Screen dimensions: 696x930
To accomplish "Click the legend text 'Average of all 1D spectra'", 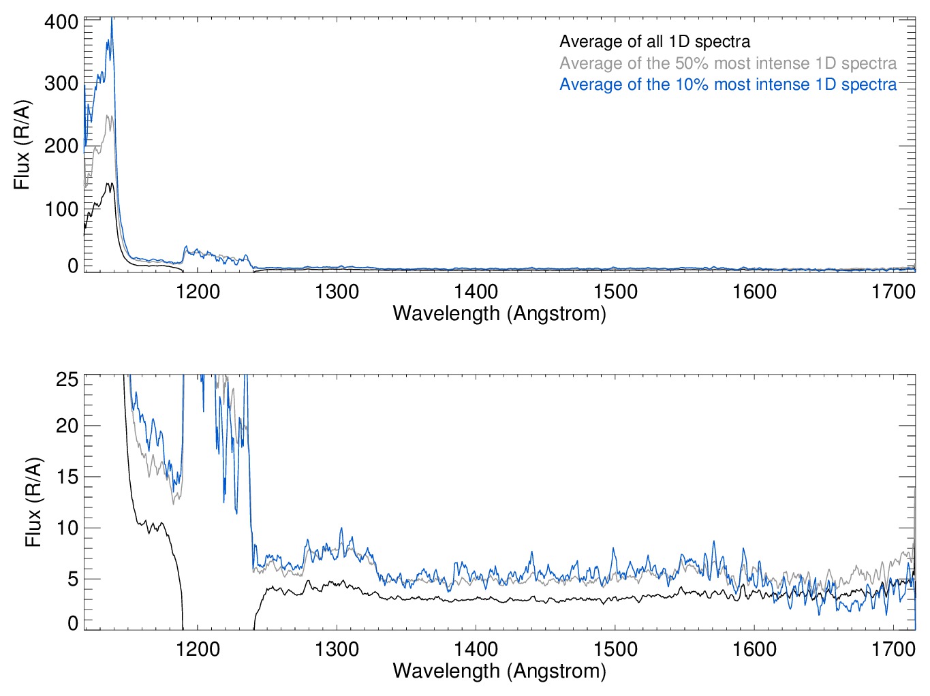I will pyautogui.click(x=654, y=42).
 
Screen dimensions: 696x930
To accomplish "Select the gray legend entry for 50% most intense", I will pyautogui.click(x=728, y=63).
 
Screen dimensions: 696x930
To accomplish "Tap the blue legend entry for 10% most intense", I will pyautogui.click(x=728, y=84).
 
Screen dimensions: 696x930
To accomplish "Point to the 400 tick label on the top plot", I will pyautogui.click(x=61, y=22).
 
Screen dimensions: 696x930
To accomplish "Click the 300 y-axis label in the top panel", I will pyautogui.click(x=61, y=84).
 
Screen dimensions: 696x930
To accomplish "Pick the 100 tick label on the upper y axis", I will pyautogui.click(x=61, y=209).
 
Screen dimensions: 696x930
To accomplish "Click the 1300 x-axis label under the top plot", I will pyautogui.click(x=337, y=292).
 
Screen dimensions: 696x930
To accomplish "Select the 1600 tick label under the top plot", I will pyautogui.click(x=754, y=292).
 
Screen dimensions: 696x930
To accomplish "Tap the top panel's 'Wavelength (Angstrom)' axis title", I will pyautogui.click(x=499, y=313).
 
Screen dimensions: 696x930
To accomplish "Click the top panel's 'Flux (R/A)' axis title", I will pyautogui.click(x=22, y=145).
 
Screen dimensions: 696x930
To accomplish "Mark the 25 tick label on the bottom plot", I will pyautogui.click(x=67, y=379).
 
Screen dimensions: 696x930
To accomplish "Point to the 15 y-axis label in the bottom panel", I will pyautogui.click(x=67, y=477).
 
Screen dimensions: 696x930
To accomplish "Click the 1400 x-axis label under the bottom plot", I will pyautogui.click(x=476, y=649).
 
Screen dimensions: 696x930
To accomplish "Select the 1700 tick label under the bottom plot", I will pyautogui.click(x=893, y=649).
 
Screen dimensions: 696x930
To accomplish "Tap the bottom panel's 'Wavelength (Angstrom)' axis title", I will pyautogui.click(x=499, y=671).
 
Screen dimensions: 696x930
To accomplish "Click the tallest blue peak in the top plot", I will pyautogui.click(x=112, y=20).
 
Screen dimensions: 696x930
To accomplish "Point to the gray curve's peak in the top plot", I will pyautogui.click(x=109, y=116).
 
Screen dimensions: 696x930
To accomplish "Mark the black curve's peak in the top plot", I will pyautogui.click(x=109, y=183).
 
